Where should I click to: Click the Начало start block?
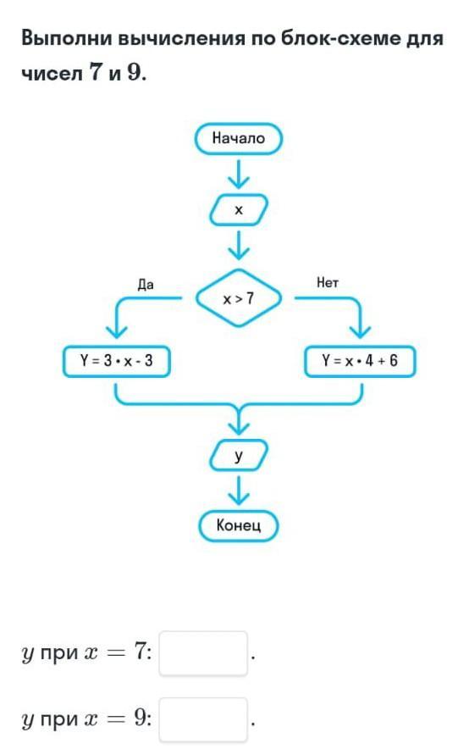click(239, 138)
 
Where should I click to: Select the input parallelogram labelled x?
click(239, 209)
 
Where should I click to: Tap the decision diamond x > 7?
click(239, 298)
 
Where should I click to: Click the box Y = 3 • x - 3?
click(117, 361)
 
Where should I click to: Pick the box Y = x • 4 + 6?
click(360, 361)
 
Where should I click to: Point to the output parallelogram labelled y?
click(239, 455)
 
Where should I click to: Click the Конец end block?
click(239, 525)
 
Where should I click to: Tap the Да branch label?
click(146, 285)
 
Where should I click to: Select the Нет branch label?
click(328, 282)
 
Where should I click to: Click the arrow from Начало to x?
click(239, 174)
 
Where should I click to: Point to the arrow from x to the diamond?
click(239, 245)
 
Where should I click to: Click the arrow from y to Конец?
click(239, 491)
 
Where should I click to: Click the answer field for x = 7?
click(203, 653)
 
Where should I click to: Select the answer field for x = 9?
click(203, 719)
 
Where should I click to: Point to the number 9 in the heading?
click(134, 73)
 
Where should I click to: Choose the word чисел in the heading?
click(52, 74)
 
